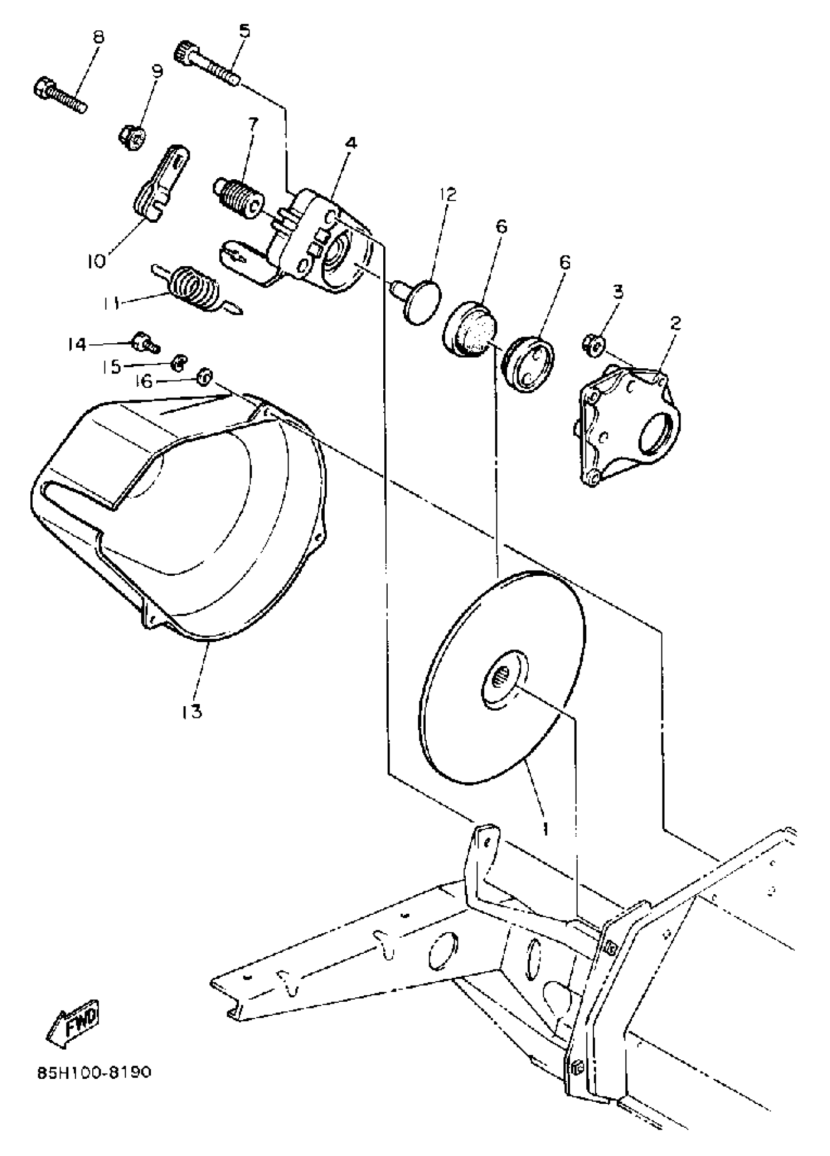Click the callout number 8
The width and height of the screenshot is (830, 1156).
coord(97,37)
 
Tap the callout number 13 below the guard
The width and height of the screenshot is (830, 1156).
coord(191,711)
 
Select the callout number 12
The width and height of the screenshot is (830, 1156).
coord(448,195)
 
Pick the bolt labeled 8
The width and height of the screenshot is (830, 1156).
coord(60,96)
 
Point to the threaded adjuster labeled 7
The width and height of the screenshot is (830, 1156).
coord(237,199)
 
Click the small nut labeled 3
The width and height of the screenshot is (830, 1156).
coord(593,344)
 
